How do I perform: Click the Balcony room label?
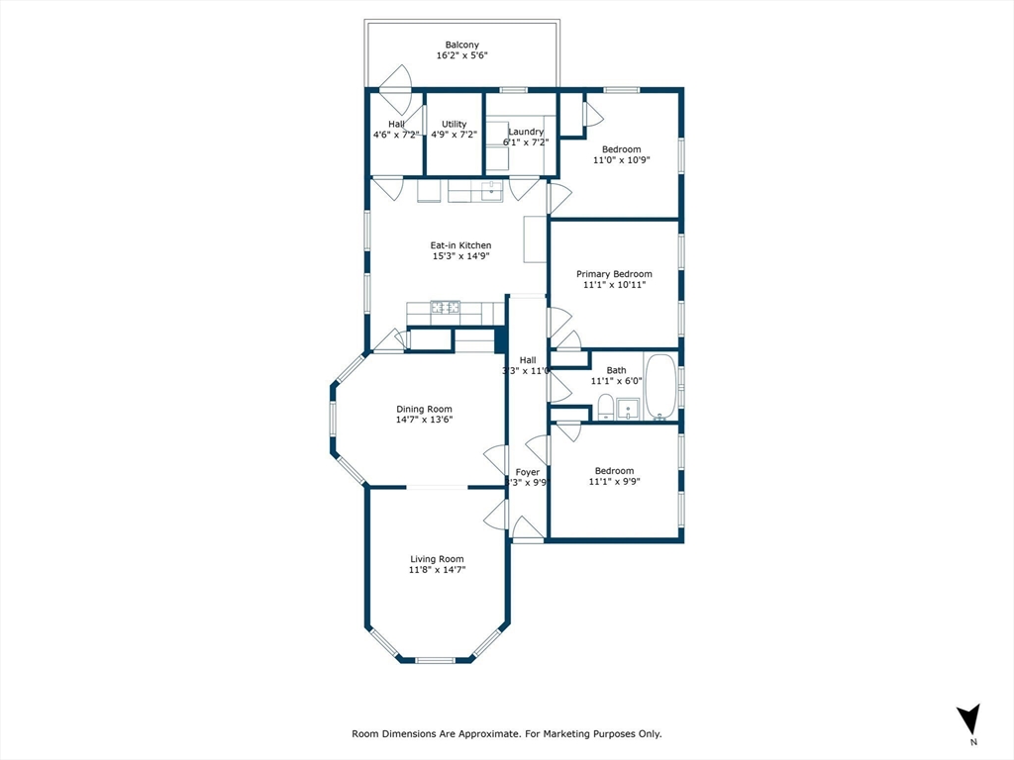point(461,45)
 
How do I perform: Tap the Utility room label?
point(455,125)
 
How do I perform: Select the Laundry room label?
point(525,132)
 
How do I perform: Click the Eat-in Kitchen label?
point(460,245)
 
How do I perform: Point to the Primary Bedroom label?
point(614,274)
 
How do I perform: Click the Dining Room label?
point(424,409)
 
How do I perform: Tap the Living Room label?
point(437,559)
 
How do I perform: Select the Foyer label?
point(527,472)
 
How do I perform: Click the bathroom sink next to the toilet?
point(628,408)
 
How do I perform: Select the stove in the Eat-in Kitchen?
point(445,308)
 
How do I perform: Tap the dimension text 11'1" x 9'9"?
point(614,482)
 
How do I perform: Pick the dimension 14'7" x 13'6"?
point(424,420)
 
